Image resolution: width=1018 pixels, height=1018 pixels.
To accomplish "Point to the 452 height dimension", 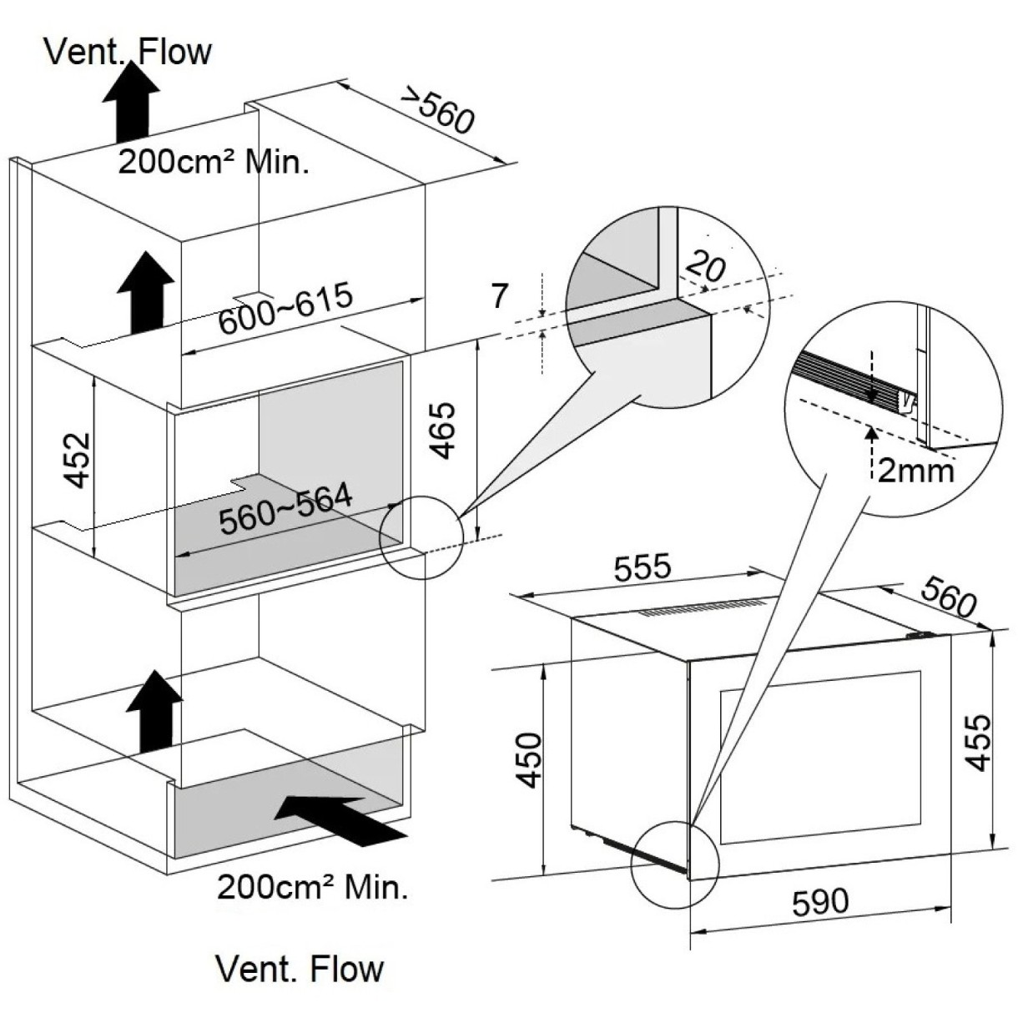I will [78, 460].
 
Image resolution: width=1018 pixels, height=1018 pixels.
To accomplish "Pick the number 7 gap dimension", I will [499, 295].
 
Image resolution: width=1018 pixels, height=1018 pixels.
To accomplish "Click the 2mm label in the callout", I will [915, 471].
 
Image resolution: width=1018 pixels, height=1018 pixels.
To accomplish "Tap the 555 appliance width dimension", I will [642, 568].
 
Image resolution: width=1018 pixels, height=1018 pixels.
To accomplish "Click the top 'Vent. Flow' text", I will [129, 52].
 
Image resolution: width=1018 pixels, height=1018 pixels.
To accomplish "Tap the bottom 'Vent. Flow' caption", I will [300, 969].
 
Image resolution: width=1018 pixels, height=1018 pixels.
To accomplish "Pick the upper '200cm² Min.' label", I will [213, 161].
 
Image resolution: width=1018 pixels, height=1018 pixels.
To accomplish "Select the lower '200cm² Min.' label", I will [313, 887].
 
